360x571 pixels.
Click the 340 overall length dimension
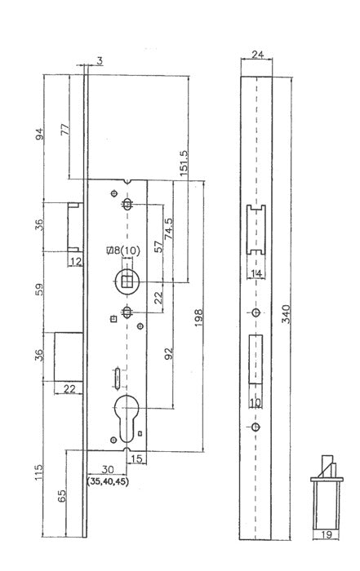coord(287,314)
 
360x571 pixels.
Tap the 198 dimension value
coord(198,317)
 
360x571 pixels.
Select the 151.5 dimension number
coord(184,163)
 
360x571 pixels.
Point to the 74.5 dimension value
coord(169,228)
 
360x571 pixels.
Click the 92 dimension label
coord(169,353)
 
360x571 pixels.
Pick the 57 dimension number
coord(158,247)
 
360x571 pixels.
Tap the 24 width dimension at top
coord(257,55)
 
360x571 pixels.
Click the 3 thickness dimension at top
coord(100,61)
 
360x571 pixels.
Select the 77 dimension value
coord(64,130)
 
